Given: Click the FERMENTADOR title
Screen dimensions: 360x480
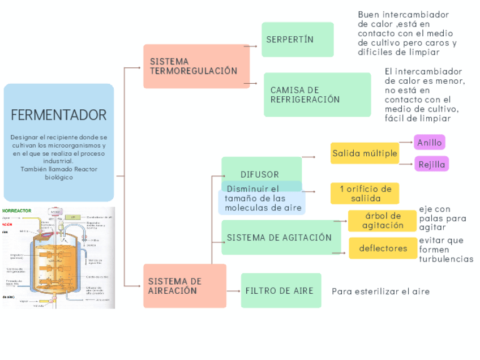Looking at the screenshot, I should tap(59, 115).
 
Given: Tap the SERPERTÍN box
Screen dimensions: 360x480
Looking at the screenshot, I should tap(297, 40).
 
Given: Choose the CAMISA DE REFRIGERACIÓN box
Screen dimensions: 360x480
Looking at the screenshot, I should tap(317, 95).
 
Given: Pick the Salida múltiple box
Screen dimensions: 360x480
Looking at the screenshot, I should tap(365, 153).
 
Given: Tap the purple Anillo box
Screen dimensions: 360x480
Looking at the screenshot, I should tap(429, 143).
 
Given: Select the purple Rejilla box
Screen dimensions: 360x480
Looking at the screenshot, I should tap(431, 165).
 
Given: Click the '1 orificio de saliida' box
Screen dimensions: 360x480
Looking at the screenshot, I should tap(365, 194).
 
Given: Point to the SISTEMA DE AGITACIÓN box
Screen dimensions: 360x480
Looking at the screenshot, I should tap(281, 237).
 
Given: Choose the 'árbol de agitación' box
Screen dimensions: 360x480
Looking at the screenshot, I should tap(383, 221).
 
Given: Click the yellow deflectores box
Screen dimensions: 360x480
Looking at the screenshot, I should tap(383, 248).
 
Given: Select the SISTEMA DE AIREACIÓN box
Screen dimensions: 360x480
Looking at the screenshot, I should tap(185, 286).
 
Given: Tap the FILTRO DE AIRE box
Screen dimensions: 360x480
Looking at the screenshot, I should tap(281, 290).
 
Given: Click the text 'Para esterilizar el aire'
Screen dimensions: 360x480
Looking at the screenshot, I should tap(380, 292).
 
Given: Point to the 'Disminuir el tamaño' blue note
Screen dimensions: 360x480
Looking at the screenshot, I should tap(261, 199).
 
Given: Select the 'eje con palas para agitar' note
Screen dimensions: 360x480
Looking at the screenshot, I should tap(442, 218).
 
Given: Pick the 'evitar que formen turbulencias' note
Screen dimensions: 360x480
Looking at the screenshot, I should tap(445, 250).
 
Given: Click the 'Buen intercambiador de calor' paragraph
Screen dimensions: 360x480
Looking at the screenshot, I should tap(406, 33).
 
